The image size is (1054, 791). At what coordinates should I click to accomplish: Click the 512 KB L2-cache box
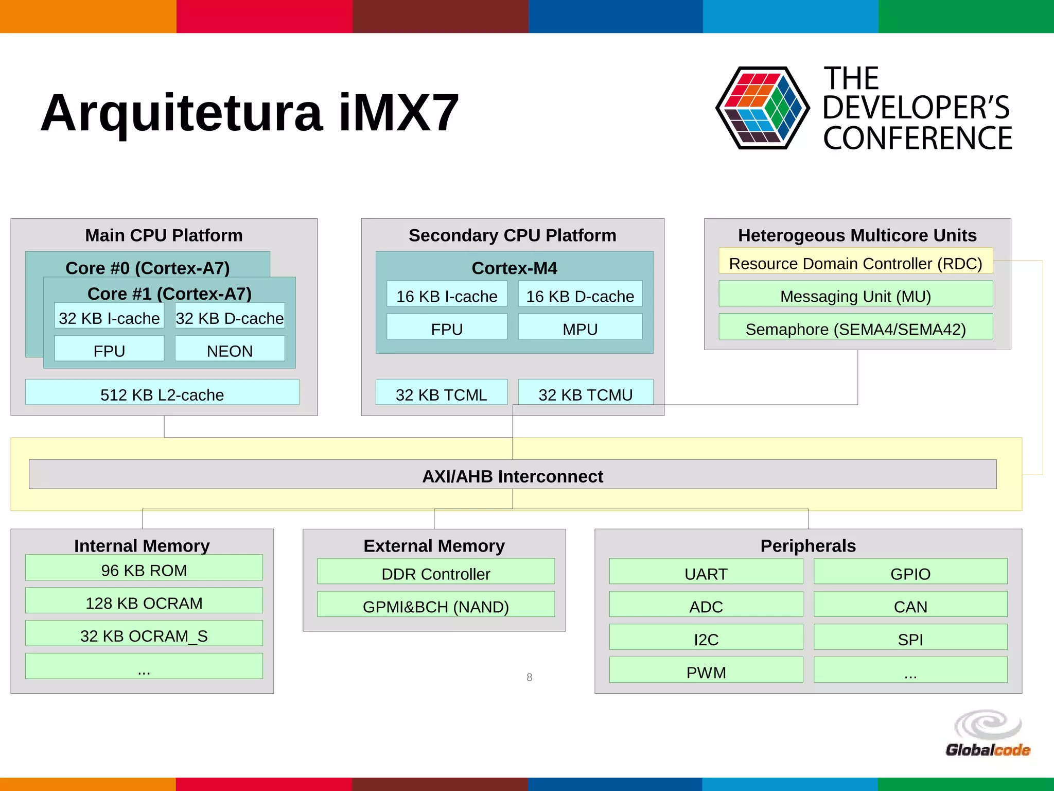click(x=162, y=392)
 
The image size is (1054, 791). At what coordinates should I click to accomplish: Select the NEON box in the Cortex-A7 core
click(x=230, y=349)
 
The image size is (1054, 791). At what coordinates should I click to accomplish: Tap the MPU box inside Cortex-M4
click(x=580, y=326)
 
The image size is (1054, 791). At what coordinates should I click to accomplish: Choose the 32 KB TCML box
click(x=441, y=392)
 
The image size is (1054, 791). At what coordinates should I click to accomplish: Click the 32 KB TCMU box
click(x=585, y=392)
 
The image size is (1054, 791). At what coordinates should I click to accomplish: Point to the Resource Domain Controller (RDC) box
click(x=855, y=261)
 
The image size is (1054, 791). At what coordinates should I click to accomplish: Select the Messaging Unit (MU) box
click(x=855, y=294)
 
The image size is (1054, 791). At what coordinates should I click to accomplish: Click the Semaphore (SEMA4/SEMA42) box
click(x=855, y=327)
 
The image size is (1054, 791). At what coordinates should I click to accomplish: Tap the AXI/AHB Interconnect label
click(x=513, y=475)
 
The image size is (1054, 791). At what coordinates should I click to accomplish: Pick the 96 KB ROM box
click(x=144, y=568)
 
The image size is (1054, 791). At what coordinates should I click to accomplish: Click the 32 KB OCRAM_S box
click(x=144, y=633)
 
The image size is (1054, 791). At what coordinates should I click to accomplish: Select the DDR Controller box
click(x=436, y=572)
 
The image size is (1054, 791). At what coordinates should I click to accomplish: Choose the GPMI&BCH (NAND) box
click(x=436, y=605)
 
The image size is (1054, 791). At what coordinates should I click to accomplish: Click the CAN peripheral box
click(x=910, y=605)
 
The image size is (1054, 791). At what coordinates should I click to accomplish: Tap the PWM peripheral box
click(x=706, y=670)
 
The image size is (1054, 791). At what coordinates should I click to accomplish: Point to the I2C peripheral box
click(x=706, y=637)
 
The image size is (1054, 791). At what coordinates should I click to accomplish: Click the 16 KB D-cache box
click(x=580, y=294)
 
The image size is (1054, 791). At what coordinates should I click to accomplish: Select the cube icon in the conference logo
click(x=763, y=108)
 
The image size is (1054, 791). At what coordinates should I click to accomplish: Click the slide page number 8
click(x=529, y=677)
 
